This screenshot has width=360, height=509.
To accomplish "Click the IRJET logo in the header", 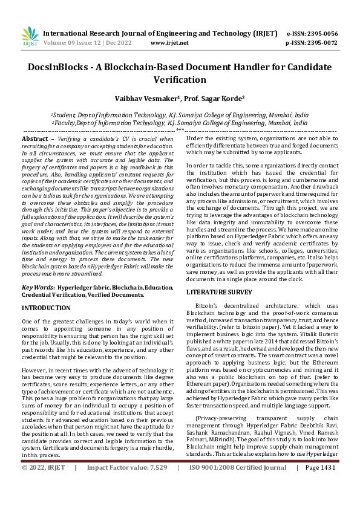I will (30, 36).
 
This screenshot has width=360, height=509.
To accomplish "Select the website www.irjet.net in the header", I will (169, 43).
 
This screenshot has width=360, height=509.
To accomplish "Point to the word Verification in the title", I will (180, 80).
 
